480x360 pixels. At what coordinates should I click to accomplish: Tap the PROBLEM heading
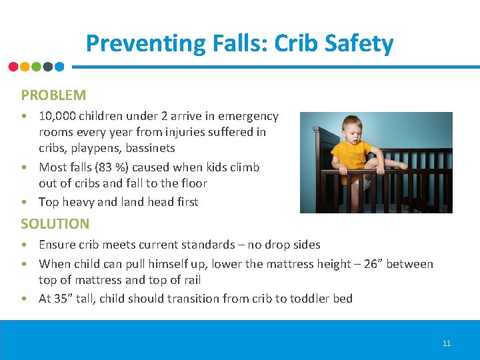tap(53, 95)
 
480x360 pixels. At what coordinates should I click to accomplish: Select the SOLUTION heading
tap(55, 224)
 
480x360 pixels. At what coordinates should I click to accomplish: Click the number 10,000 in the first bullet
tap(59, 116)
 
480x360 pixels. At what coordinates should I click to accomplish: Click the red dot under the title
tap(13, 67)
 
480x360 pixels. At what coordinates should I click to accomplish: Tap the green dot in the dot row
tap(37, 67)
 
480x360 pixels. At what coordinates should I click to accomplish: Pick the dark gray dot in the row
tap(48, 67)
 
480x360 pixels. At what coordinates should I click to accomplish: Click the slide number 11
tap(447, 343)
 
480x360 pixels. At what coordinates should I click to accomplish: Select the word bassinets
tap(151, 148)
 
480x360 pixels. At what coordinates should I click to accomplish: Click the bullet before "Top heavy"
tap(24, 202)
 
